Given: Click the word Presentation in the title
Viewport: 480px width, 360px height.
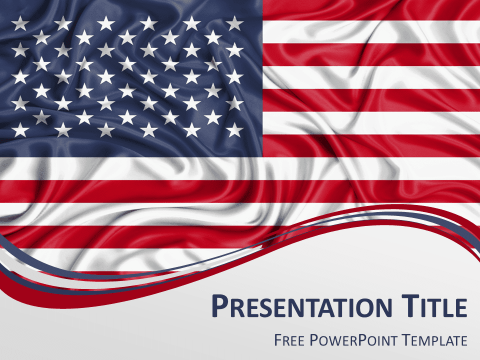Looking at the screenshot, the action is tap(302, 306).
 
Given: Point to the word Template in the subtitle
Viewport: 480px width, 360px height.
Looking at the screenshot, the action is tap(434, 340).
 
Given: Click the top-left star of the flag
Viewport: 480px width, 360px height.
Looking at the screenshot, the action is tap(20, 23).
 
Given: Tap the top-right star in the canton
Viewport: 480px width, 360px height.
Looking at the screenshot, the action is tap(234, 23).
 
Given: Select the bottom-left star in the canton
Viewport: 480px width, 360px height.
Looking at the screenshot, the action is tap(20, 130).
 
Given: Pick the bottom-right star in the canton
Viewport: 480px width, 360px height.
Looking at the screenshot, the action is tap(234, 130).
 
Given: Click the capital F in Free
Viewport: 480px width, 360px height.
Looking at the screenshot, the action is tap(278, 340).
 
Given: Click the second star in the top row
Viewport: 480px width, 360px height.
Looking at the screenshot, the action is tap(63, 23).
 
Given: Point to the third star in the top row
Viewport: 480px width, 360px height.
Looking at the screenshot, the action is tap(106, 23).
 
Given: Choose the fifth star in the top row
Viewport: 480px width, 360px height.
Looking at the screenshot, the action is tap(191, 23).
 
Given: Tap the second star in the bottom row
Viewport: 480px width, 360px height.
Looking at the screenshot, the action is tap(63, 130).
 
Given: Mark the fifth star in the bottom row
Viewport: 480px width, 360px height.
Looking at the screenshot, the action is tap(191, 130).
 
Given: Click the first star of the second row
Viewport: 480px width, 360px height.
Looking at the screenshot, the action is tap(41, 37).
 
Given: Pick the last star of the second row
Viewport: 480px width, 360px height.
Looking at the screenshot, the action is tap(213, 37).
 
